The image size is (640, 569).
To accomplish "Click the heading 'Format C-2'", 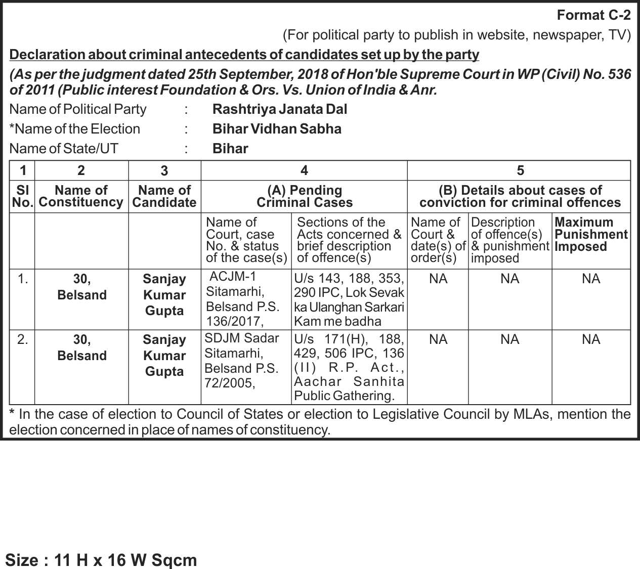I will pyautogui.click(x=593, y=15).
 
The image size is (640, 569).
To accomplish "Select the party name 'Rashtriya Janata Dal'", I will pyautogui.click(x=280, y=109).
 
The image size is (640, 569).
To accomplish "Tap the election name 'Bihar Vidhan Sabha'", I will pyautogui.click(x=277, y=129).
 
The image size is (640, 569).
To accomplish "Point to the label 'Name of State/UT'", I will pyautogui.click(x=64, y=149).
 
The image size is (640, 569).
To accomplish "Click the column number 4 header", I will pyautogui.click(x=304, y=170).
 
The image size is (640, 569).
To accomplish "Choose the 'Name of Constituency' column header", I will pyautogui.click(x=81, y=196).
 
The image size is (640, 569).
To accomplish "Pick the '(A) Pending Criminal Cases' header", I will pyautogui.click(x=304, y=196).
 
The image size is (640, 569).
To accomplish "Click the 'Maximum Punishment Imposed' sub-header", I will pyautogui.click(x=590, y=235).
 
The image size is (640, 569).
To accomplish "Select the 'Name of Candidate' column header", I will pyautogui.click(x=164, y=196).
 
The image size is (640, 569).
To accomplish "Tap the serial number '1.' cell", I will pyautogui.click(x=23, y=279).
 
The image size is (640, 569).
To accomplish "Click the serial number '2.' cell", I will pyautogui.click(x=23, y=339).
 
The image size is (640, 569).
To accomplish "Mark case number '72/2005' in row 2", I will pyautogui.click(x=230, y=383).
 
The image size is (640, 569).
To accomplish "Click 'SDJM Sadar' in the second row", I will pyautogui.click(x=242, y=338).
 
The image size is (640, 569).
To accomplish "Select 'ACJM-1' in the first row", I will pyautogui.click(x=233, y=276).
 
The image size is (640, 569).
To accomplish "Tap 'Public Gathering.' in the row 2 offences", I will pyautogui.click(x=344, y=396).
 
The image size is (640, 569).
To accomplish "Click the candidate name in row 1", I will pyautogui.click(x=164, y=295).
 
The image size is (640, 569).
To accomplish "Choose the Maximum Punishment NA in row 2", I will pyautogui.click(x=590, y=339).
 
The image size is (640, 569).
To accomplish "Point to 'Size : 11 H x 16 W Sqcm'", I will pyautogui.click(x=101, y=560).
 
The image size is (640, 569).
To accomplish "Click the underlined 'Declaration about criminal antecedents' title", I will pyautogui.click(x=244, y=55).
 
